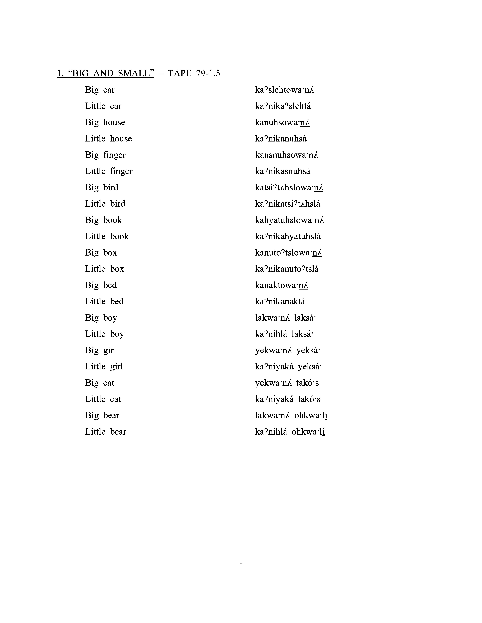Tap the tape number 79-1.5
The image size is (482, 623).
pos(208,74)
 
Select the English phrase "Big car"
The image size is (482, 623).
pos(100,90)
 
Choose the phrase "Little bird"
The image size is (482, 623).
pos(105,204)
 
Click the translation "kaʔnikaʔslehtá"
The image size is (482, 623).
pos(283,106)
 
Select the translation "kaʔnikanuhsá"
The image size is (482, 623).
pos(281,139)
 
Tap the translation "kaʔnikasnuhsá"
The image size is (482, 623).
pos(282,171)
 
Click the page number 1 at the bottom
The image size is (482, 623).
pos(241,561)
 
